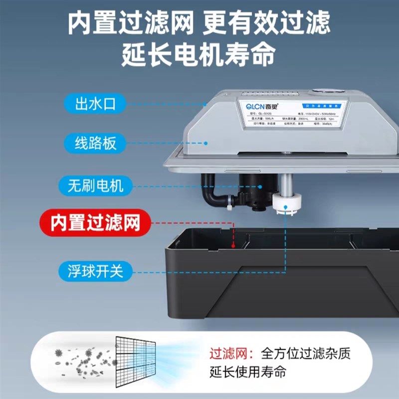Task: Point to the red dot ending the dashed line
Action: coord(234,245)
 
